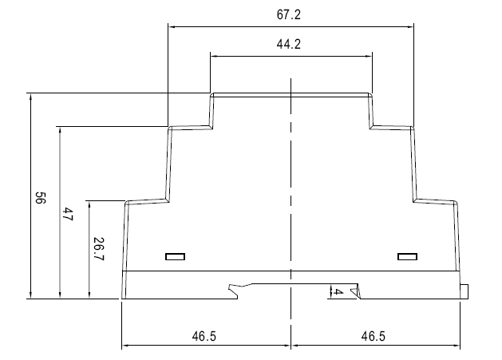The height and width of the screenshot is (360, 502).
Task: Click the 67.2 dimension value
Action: tap(289, 14)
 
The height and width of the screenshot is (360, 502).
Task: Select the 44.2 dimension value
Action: tap(289, 44)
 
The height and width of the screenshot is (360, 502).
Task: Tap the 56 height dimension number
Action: tap(41, 198)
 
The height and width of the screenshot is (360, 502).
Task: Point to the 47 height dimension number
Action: tap(68, 214)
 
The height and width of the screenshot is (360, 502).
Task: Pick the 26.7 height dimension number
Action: tap(98, 249)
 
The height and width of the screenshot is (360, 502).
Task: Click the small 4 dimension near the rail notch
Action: tap(338, 292)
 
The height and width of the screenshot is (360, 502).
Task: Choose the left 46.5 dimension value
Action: tap(204, 336)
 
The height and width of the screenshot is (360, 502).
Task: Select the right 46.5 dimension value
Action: tap(374, 336)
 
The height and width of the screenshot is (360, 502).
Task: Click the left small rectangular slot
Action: tap(175, 256)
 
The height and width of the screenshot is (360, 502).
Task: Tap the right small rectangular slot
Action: tap(407, 256)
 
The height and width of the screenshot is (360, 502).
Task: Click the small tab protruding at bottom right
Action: tap(464, 291)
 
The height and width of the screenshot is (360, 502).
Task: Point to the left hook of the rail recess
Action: tap(234, 290)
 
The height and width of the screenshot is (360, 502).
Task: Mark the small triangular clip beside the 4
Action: tap(354, 291)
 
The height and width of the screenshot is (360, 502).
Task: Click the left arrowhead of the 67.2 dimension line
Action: tap(172, 27)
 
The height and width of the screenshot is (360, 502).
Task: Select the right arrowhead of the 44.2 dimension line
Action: tap(369, 57)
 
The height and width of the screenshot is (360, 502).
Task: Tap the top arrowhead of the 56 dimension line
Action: tap(31, 97)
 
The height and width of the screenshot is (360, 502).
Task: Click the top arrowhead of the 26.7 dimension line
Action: tap(89, 205)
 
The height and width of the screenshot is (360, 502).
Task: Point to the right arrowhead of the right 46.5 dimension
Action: tap(457, 346)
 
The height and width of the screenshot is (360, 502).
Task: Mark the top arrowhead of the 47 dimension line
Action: tap(60, 130)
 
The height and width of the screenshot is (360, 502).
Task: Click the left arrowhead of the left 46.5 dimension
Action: tap(125, 346)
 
